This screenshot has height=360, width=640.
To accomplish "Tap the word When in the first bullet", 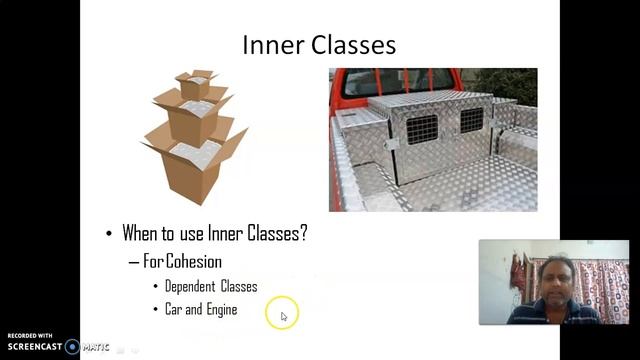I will [x=142, y=234].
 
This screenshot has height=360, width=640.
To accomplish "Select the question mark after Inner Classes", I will [x=303, y=234].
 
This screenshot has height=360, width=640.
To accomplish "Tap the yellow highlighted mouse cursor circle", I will [x=282, y=315].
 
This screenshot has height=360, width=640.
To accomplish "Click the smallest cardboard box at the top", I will [x=196, y=86].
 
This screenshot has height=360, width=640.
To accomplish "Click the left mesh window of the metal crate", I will [x=422, y=129].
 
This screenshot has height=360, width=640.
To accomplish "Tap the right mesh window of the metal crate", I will [x=471, y=120].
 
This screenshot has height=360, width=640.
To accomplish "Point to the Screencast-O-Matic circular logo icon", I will [x=72, y=347].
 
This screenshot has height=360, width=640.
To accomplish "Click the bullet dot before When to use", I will [x=110, y=234].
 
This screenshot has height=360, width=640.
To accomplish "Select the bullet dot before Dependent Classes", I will [x=155, y=287].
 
